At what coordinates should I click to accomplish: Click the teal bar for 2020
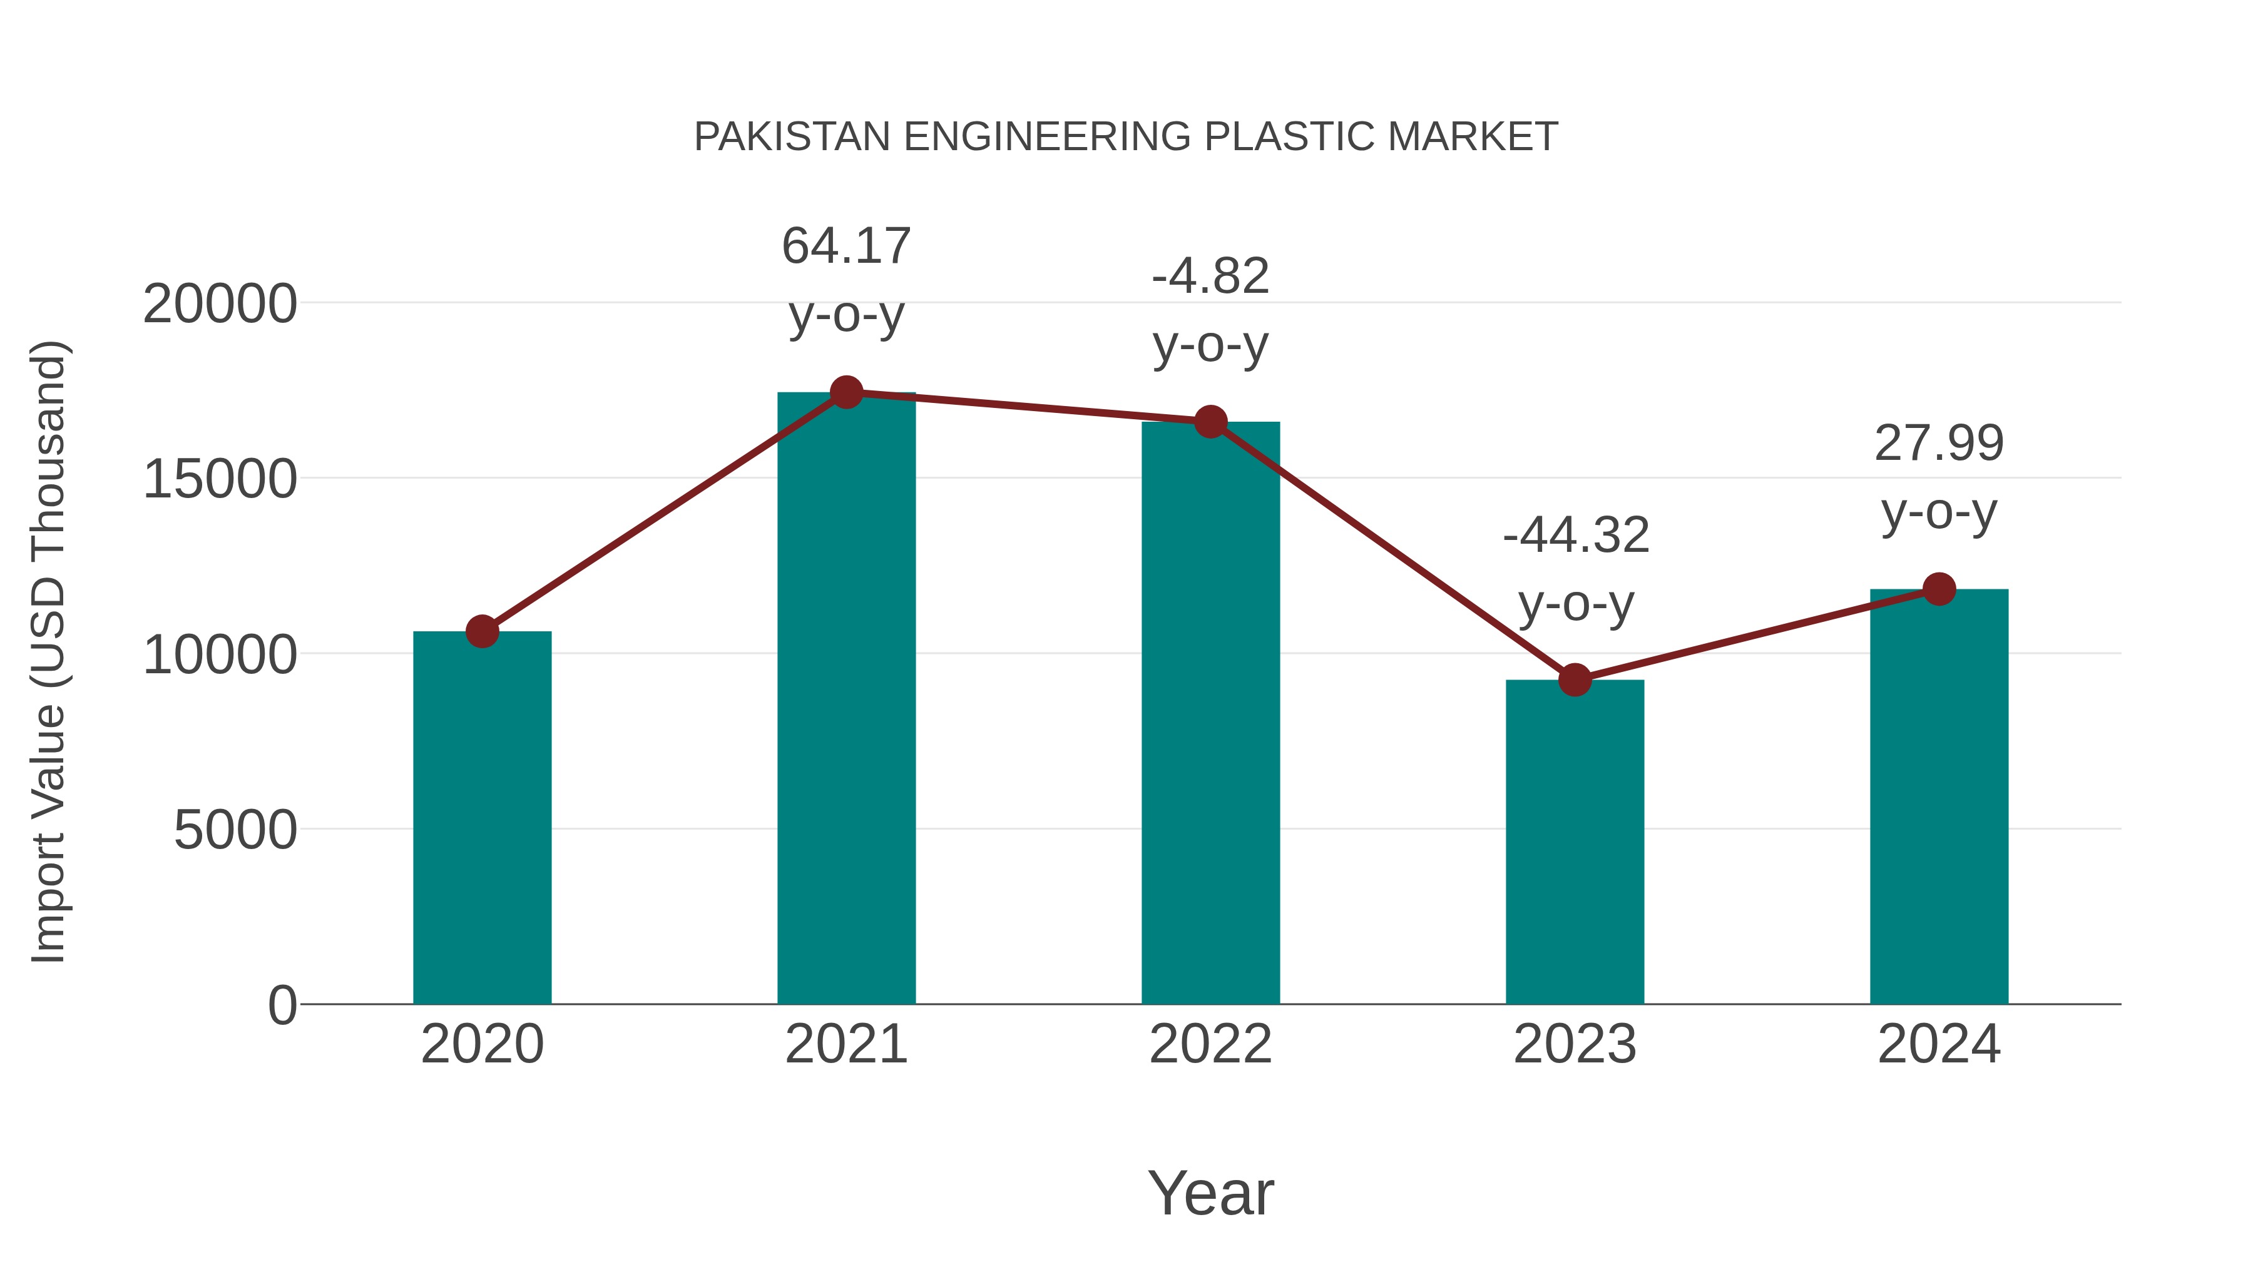pos(482,818)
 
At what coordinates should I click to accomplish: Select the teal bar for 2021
pos(846,700)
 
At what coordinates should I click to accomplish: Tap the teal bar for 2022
pos(1210,713)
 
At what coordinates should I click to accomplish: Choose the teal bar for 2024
pos(1939,796)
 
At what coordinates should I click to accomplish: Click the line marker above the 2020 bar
pos(482,631)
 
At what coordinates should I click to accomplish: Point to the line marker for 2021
pos(846,392)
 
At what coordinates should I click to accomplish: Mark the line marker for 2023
pos(1575,679)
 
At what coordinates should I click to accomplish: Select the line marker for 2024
pos(1939,589)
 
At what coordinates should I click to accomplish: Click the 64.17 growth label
pos(846,246)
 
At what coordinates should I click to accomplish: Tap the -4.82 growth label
pos(1210,277)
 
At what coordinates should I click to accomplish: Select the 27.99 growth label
pos(1939,444)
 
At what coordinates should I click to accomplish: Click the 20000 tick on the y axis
pos(220,304)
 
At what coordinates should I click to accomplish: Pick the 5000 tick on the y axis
pos(235,830)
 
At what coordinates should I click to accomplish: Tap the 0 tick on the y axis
pos(282,1005)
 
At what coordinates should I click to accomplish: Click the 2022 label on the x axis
pos(1210,1044)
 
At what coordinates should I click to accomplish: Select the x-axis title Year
pos(1210,1193)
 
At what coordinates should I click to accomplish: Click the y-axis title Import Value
pos(48,651)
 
